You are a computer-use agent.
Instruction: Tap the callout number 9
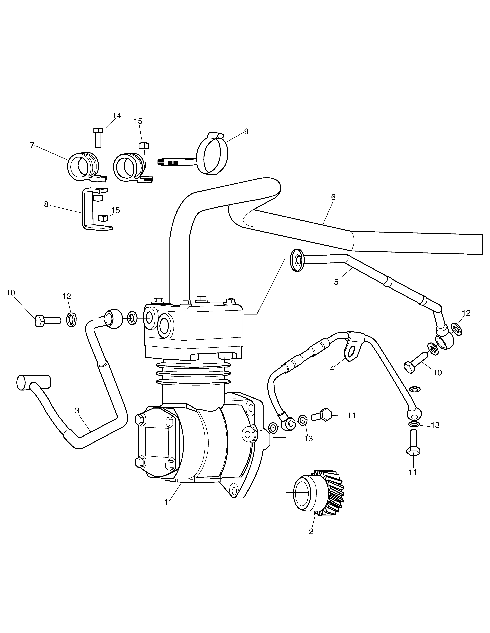click(x=246, y=132)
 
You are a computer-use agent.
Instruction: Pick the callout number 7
click(x=32, y=145)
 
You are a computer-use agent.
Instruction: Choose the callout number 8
click(x=46, y=204)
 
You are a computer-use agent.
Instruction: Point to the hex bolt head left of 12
click(x=40, y=321)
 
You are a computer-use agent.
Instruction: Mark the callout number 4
click(x=332, y=369)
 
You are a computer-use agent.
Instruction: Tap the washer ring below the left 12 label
click(x=71, y=320)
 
